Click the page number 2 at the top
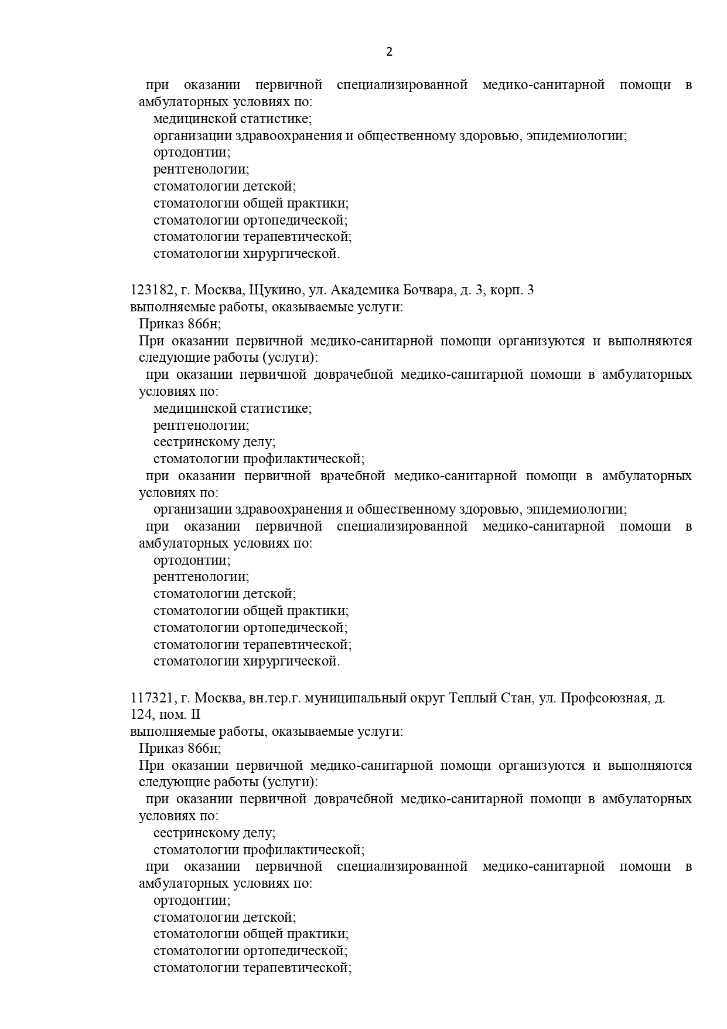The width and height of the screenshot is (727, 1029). [390, 52]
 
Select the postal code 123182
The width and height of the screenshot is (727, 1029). [152, 290]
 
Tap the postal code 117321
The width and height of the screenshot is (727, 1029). [152, 698]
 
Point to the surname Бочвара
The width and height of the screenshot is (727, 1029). [426, 290]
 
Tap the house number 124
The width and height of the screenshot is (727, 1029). [141, 715]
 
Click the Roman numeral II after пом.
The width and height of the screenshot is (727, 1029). [195, 715]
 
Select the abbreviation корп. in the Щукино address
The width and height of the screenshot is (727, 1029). [506, 290]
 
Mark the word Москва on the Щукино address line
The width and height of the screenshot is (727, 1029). [218, 290]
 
